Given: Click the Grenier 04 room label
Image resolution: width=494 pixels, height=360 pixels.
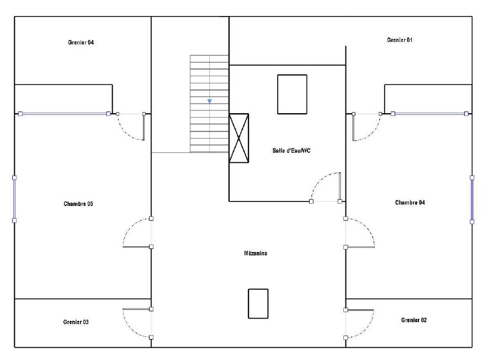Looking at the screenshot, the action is click(x=81, y=43).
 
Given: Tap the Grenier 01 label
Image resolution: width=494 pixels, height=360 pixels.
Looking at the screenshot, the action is click(x=400, y=40).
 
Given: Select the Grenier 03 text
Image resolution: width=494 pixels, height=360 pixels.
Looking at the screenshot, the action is click(x=76, y=322).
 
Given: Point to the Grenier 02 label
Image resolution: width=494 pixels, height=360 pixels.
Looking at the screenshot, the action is click(x=414, y=320).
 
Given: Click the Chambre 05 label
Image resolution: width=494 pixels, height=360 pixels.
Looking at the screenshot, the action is click(x=78, y=204).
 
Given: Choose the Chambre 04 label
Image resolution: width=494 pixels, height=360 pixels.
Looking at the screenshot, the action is click(x=410, y=203).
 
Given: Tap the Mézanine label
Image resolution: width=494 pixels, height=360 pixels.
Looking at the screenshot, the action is click(x=256, y=253).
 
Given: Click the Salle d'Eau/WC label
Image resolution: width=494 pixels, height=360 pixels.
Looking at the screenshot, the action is click(x=291, y=150).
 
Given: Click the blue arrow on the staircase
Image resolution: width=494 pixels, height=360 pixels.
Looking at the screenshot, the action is click(x=210, y=101).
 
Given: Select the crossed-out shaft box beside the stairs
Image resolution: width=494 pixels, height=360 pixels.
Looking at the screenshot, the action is click(x=239, y=138).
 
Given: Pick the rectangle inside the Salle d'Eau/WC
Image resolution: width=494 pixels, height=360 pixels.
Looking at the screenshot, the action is click(x=292, y=94).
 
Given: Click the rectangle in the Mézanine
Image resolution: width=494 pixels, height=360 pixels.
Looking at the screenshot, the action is click(x=258, y=304).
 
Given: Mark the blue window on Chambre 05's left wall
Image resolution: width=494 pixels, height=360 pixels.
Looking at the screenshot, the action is click(x=14, y=199).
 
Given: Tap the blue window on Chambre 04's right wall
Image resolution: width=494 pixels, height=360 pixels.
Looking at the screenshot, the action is click(x=472, y=200).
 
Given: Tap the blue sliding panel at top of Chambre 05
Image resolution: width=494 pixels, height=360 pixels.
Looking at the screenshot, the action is click(x=64, y=114).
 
